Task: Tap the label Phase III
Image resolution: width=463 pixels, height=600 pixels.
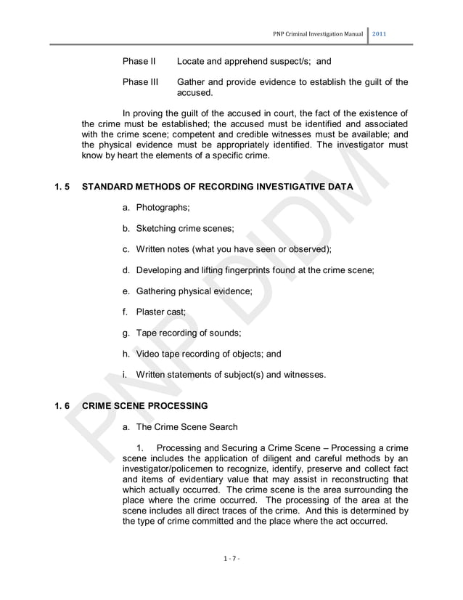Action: pos(140,82)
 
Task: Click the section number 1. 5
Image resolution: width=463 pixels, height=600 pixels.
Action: pos(64,187)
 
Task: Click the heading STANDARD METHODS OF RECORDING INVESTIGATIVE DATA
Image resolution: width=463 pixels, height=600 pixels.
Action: pos(218,187)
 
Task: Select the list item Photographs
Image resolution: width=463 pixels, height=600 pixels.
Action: pos(163,208)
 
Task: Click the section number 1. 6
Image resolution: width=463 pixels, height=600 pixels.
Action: pos(64,405)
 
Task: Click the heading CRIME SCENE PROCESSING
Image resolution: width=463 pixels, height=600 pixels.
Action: pos(145,405)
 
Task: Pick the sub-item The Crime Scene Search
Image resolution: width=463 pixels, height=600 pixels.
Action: pos(192,426)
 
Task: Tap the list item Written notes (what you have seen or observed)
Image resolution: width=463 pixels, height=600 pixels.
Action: pos(233,249)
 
